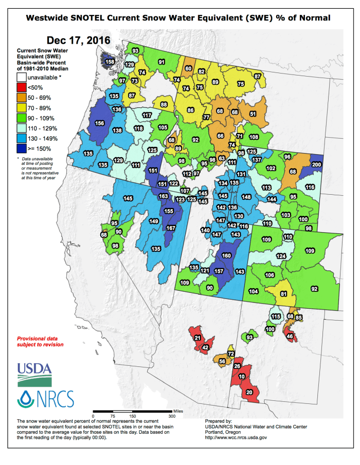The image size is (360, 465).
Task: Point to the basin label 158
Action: coord(110,62)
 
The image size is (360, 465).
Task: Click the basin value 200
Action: coord(317,164)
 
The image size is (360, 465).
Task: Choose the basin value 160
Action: coord(226,255)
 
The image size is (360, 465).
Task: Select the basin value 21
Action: coord(197,338)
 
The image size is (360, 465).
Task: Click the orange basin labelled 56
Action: coord(222,361)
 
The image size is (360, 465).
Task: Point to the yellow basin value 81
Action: coord(283,294)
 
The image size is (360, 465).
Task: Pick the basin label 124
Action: coord(281,255)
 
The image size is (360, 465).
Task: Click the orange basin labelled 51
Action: coord(253,114)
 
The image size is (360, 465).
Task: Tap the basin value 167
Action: coord(171,228)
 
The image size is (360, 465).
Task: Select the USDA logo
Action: coord(34,373)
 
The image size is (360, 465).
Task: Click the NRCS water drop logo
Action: coord(25,398)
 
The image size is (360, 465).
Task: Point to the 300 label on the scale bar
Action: coord(172,416)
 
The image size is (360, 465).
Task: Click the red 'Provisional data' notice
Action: coord(41,342)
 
